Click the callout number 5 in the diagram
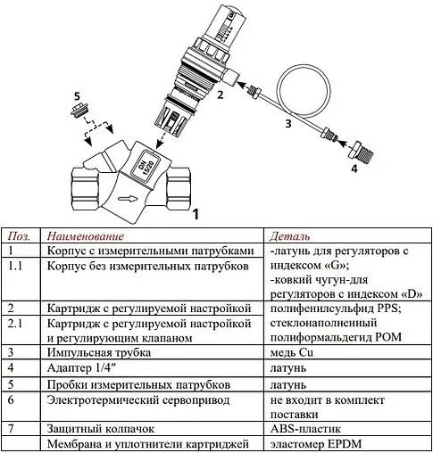[77, 95]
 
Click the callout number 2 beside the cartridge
[219, 92]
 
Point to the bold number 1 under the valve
[196, 214]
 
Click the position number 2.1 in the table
[14, 320]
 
